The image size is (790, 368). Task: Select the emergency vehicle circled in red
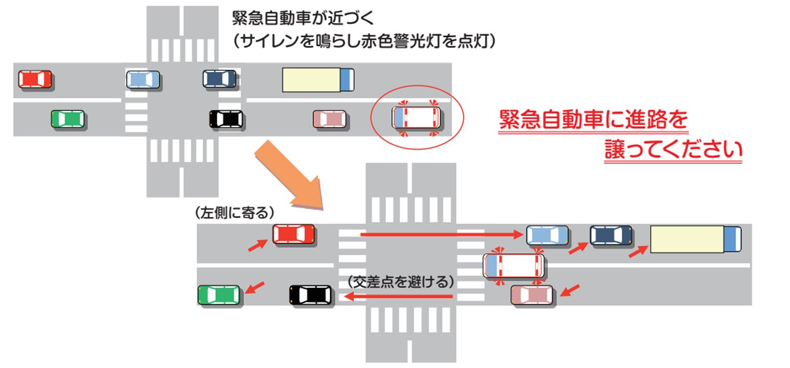pyautogui.click(x=416, y=118)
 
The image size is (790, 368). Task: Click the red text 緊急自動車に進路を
pyautogui.click(x=593, y=120)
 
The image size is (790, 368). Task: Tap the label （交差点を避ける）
pyautogui.click(x=402, y=281)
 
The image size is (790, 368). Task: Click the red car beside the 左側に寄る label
pyautogui.click(x=293, y=234)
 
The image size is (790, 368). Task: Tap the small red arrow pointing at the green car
pyautogui.click(x=255, y=288)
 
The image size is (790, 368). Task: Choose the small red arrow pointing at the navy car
pyautogui.click(x=578, y=247)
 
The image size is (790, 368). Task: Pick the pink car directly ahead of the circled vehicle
pyautogui.click(x=330, y=119)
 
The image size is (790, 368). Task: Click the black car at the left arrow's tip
pyautogui.click(x=311, y=295)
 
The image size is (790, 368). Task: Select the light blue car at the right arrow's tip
pyautogui.click(x=547, y=235)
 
